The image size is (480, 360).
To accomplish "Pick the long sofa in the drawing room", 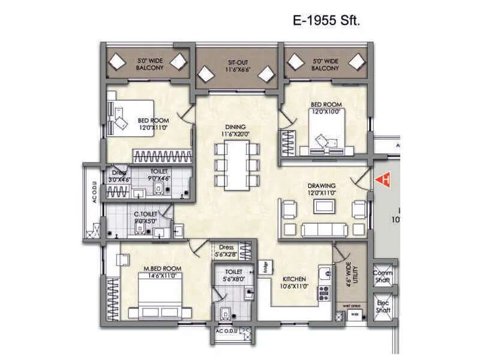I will (324, 230).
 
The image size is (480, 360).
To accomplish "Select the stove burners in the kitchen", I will (324, 293).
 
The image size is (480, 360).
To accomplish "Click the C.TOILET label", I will (145, 217).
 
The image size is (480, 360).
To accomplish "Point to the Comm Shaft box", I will (383, 277).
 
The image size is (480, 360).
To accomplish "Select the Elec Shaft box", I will (383, 307).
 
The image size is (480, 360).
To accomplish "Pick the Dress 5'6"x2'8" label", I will (227, 249).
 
